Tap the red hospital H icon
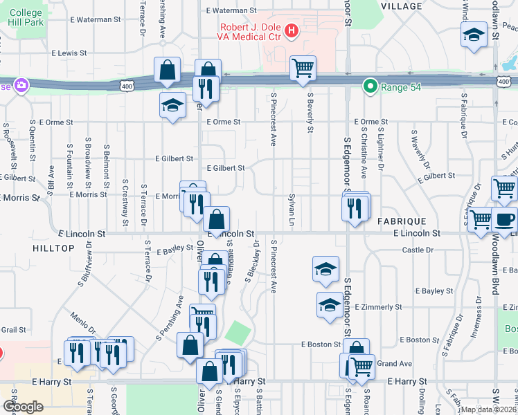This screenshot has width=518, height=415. (x=292, y=30)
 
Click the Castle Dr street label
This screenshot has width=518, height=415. (x=418, y=250)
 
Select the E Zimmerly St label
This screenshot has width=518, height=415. (x=378, y=306)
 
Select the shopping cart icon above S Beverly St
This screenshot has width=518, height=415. (x=303, y=68)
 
